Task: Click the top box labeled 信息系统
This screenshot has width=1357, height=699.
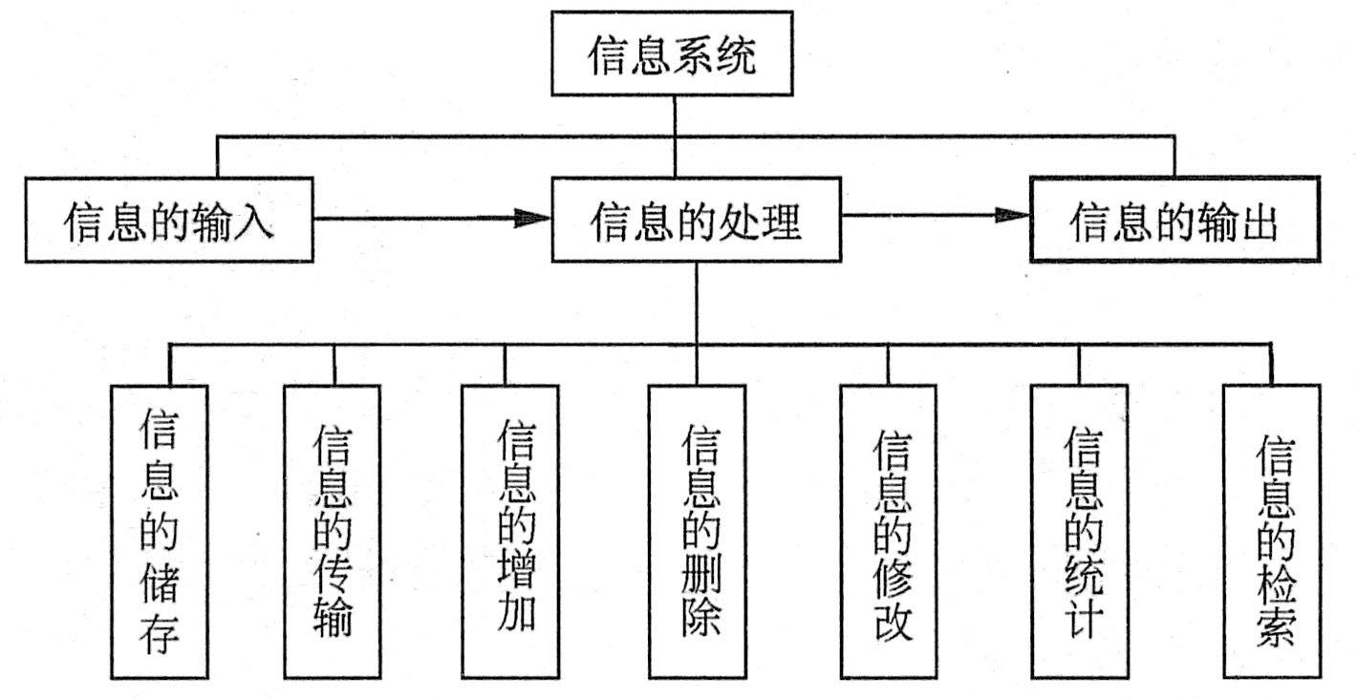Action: pyautogui.click(x=673, y=54)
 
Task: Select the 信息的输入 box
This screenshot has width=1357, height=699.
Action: pyautogui.click(x=169, y=221)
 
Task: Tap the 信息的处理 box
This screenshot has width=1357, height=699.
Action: pyautogui.click(x=696, y=221)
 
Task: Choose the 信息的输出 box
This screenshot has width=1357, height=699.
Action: pyautogui.click(x=1174, y=219)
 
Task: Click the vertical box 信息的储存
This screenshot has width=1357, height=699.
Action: pyautogui.click(x=159, y=531)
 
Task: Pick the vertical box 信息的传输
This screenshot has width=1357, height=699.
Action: pyautogui.click(x=332, y=531)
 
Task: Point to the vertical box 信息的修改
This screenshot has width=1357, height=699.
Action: pyautogui.click(x=890, y=531)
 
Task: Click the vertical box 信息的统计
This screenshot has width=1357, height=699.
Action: pyautogui.click(x=1079, y=531)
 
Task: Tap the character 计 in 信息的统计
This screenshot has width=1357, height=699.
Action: pyautogui.click(x=1083, y=620)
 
